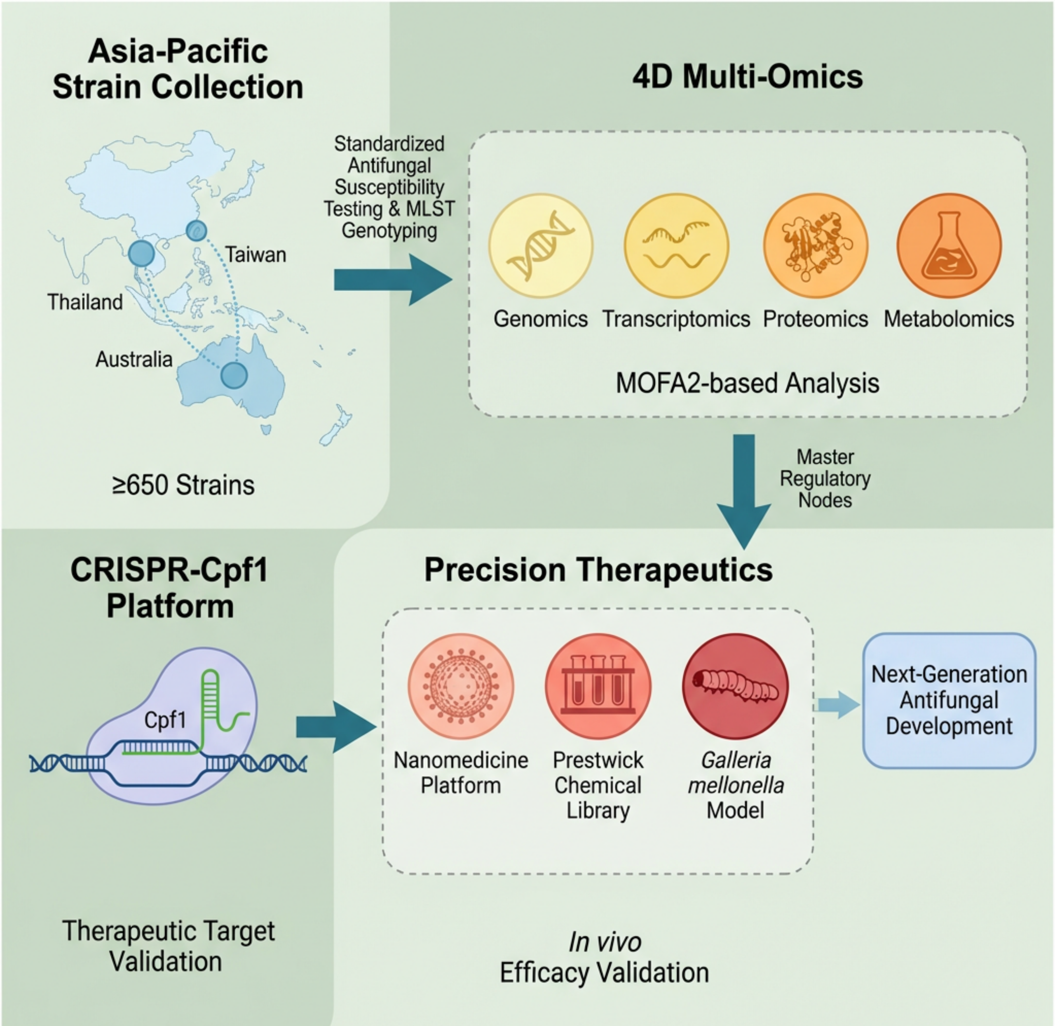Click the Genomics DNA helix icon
540,245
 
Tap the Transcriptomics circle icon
676,245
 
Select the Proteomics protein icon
815,245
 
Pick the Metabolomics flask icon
949,245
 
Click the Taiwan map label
255,254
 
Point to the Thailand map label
85,302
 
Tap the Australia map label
134,359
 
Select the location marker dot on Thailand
142,253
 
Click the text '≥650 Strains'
183,485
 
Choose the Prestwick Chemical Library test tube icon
598,686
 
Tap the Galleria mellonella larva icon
735,686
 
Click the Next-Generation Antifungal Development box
949,700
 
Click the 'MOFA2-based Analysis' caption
747,384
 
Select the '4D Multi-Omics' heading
748,77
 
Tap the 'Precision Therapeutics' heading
598,569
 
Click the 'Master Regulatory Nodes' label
825,478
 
